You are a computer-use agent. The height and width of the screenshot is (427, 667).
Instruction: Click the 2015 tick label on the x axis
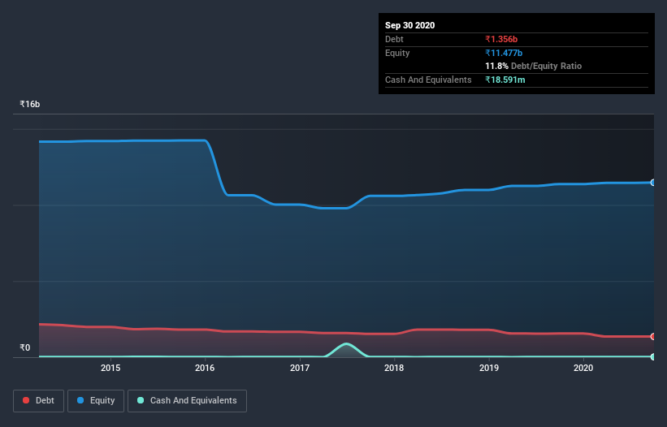pos(110,368)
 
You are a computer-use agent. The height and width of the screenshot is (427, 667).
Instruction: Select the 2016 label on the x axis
pos(205,368)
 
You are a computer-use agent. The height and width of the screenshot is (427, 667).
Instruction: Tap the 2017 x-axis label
pos(300,368)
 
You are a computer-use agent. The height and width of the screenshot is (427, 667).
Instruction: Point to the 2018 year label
pos(394,368)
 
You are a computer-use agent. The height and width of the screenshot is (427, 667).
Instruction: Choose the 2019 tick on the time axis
pos(489,368)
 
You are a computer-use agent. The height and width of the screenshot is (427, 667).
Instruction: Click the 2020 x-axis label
pos(583,368)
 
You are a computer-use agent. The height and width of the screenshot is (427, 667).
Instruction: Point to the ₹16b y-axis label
pos(30,105)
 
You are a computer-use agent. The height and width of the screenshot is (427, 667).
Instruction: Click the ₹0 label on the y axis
pos(24,348)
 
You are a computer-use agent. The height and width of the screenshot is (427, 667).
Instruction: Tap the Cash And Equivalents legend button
pos(187,400)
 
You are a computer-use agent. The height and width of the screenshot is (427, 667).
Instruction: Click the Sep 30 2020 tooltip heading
pos(409,25)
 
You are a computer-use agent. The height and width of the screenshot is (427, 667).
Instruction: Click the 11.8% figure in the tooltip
pos(497,66)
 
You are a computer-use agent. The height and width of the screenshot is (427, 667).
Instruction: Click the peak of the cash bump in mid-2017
pos(347,344)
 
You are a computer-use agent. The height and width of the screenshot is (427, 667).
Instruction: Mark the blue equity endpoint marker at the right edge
pos(653,183)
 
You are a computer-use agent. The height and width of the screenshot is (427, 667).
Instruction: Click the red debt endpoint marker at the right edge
pos(653,336)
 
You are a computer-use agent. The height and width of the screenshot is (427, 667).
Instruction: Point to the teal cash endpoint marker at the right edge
pos(653,356)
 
